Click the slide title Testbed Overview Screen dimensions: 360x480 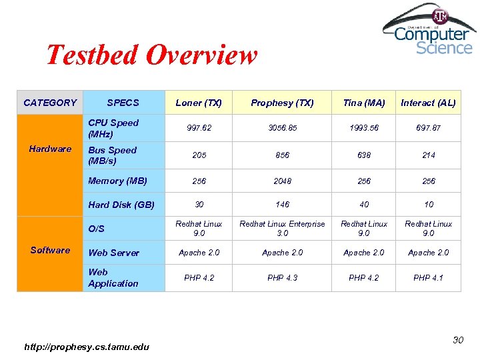pos(151,55)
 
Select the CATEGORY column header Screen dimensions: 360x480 pos(50,103)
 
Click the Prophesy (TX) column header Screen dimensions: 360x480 pos(282,103)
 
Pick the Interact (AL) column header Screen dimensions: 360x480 pos(428,103)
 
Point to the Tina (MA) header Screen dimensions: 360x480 pos(363,103)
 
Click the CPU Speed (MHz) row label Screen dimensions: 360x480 pos(113,128)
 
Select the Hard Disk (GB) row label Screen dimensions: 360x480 pos(121,205)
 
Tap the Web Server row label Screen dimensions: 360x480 pos(113,253)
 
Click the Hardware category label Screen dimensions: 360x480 pos(50,149)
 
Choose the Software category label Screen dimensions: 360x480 pos(50,250)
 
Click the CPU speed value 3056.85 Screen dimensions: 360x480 pos(282,127)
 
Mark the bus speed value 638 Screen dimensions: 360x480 pos(363,155)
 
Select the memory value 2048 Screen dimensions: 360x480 pos(282,181)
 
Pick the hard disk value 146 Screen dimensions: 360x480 pos(282,205)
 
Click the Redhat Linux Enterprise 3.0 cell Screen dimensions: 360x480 pos(282,229)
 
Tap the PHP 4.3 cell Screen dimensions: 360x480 pos(282,277)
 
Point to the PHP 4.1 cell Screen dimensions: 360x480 pos(428,277)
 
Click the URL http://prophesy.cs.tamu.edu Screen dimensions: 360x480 pos(87,346)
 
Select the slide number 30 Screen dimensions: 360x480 pos(457,341)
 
